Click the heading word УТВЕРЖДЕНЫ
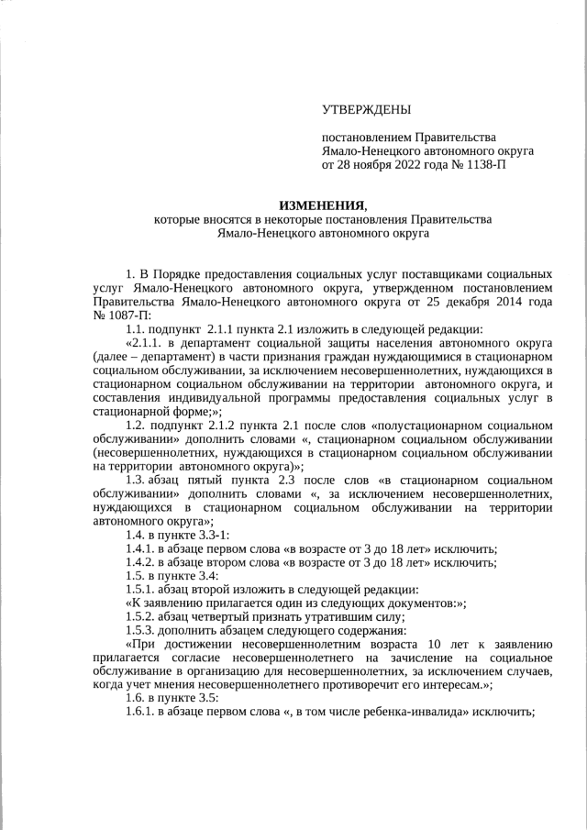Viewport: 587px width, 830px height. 366,111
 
